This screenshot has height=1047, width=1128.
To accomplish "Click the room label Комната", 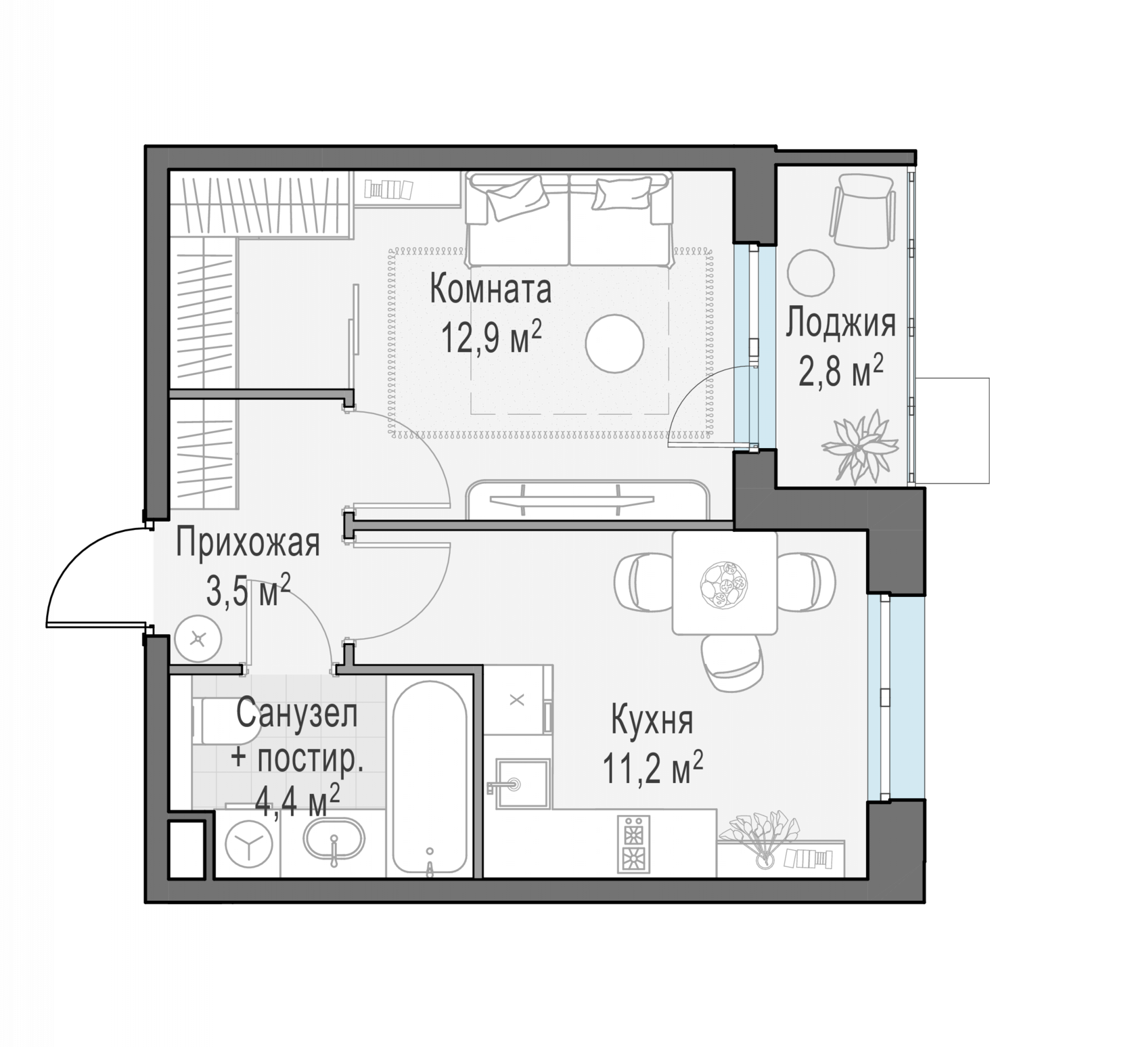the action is pyautogui.click(x=490, y=289).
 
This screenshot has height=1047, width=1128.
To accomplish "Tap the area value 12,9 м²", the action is pyautogui.click(x=491, y=337).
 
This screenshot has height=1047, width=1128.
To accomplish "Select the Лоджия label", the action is pyautogui.click(x=840, y=324).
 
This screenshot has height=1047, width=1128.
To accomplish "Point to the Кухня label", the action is pyautogui.click(x=652, y=721).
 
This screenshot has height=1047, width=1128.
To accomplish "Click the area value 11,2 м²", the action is pyautogui.click(x=652, y=767).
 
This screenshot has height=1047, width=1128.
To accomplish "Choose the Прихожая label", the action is pyautogui.click(x=248, y=543).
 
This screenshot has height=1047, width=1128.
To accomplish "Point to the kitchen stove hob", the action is pyautogui.click(x=633, y=844).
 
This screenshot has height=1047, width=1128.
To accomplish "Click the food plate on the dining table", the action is pyautogui.click(x=723, y=585).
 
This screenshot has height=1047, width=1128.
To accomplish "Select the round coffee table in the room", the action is pyautogui.click(x=614, y=343).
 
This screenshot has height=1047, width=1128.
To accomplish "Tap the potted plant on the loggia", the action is pyautogui.click(x=859, y=447).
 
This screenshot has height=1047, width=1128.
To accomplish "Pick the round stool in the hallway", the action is pyautogui.click(x=198, y=639).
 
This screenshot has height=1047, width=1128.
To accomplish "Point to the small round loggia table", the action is pyautogui.click(x=810, y=273).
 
